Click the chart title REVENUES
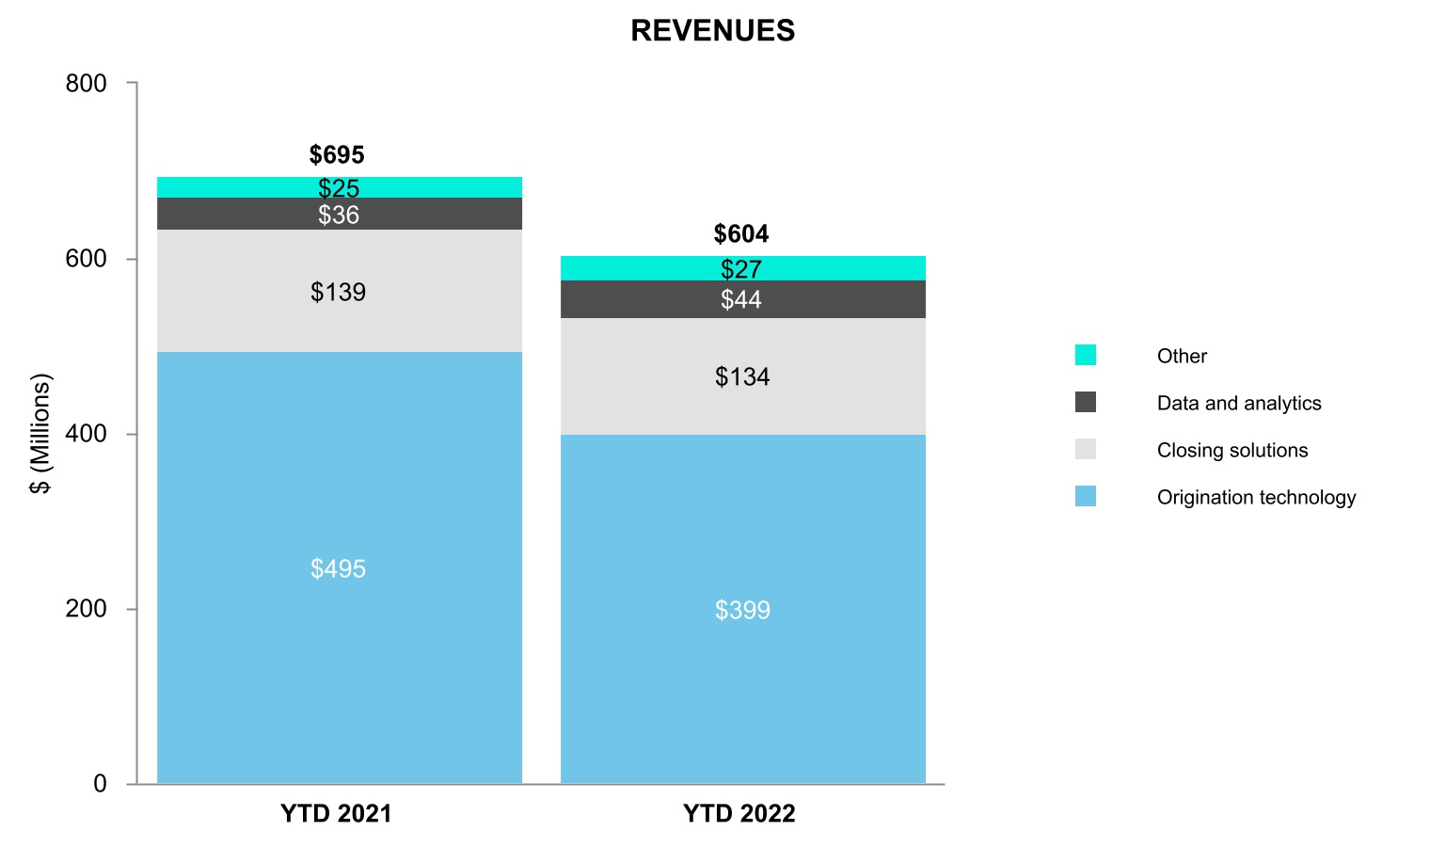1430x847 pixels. coord(712,31)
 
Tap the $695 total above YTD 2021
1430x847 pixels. coord(337,155)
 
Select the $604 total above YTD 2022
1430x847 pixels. coord(741,234)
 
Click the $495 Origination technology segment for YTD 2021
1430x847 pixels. coord(339,567)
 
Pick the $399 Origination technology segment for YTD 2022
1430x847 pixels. coord(742,609)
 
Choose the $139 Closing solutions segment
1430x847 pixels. coord(339,292)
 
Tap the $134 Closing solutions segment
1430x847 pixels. coord(742,376)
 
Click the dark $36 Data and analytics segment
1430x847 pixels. coord(339,215)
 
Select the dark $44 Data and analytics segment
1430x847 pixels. coord(741,299)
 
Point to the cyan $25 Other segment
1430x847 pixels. coord(339,188)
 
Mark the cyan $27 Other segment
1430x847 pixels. coord(741,269)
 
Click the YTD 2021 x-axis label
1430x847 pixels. coord(336,814)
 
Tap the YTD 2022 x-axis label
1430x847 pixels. coord(739,814)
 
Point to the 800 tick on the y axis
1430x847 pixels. coord(87,84)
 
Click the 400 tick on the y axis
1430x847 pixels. coord(87,434)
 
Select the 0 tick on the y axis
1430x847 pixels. coord(100,784)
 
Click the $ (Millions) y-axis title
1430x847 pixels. coord(40,434)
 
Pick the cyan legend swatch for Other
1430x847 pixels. coord(1086,355)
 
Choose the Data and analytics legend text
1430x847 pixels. coord(1239,404)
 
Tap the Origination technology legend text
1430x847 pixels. coord(1256,498)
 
